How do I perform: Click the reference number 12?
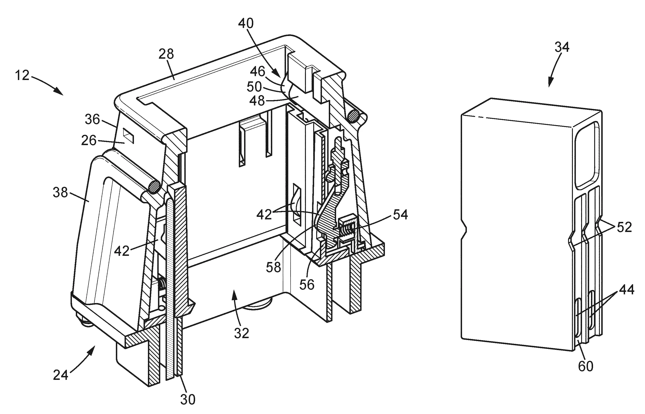22,76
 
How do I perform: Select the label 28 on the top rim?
166,54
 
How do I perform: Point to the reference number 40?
246,24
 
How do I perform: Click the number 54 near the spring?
400,215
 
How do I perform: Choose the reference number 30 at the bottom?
188,400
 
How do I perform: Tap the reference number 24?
61,375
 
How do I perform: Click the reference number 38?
60,193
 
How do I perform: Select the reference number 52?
624,227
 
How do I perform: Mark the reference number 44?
627,290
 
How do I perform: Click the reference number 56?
307,284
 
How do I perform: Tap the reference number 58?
274,267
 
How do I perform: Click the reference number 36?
92,119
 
